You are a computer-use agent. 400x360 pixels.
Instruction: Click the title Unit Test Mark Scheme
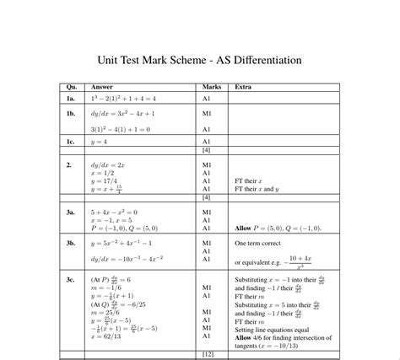[x=200, y=61]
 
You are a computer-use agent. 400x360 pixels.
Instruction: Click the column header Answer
[x=101, y=87]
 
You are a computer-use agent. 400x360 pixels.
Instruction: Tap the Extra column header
[x=242, y=87]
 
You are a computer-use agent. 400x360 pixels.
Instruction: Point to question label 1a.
[x=71, y=99]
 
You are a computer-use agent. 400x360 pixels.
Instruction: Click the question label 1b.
[x=71, y=112]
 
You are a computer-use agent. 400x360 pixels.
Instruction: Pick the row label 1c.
[x=71, y=142]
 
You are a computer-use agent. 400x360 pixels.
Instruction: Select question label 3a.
[x=71, y=212]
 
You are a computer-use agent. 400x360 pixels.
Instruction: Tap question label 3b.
[x=71, y=242]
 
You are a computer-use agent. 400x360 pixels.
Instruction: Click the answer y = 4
[x=100, y=142]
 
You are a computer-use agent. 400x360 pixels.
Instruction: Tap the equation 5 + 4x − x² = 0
[x=114, y=212]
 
